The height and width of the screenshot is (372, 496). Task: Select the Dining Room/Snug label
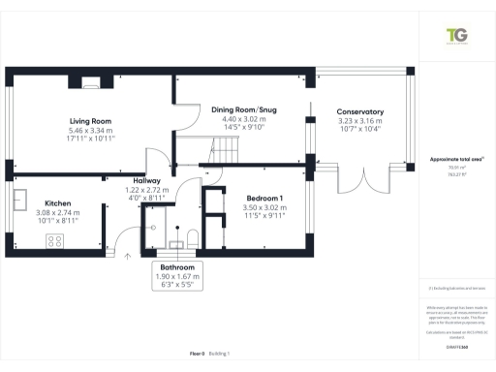(x=244, y=110)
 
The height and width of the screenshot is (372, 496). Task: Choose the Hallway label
(x=147, y=180)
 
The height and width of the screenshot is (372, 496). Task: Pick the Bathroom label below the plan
(x=176, y=266)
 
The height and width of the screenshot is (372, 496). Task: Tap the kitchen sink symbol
(x=19, y=201)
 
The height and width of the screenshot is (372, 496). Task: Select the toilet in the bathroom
(x=194, y=238)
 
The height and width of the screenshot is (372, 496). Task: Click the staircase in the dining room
(x=225, y=150)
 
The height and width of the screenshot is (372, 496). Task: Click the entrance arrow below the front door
(x=130, y=257)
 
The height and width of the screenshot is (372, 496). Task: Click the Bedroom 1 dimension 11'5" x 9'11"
(x=261, y=216)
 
